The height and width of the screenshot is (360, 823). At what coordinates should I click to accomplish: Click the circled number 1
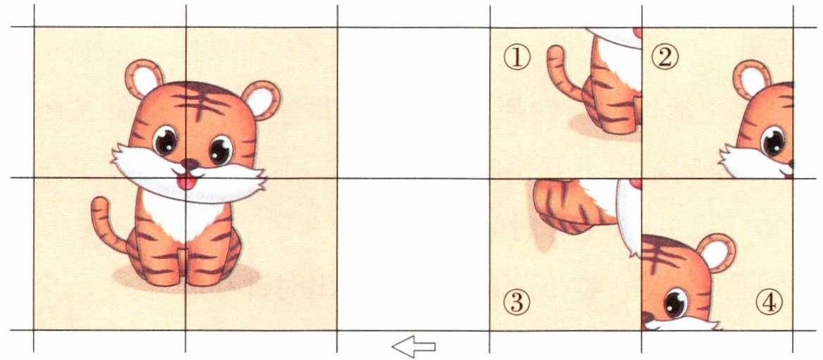point(517,58)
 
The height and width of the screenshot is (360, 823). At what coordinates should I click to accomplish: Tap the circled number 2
point(665,58)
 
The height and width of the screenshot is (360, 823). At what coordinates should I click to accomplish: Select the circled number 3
point(517,302)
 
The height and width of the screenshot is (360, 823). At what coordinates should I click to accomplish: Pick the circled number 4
point(769,302)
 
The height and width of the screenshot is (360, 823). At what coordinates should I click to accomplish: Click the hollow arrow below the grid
point(414,347)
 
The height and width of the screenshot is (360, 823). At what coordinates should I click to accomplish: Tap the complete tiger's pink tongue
point(185,182)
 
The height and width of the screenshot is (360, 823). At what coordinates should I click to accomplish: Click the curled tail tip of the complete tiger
point(99,204)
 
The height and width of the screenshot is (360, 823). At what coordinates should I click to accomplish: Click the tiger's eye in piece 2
point(773,141)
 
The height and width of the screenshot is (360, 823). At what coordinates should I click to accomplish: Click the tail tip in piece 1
point(555,52)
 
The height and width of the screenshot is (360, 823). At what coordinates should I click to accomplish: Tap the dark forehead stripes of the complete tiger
point(201,101)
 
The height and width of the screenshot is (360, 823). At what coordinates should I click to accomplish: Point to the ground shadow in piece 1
point(605,128)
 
